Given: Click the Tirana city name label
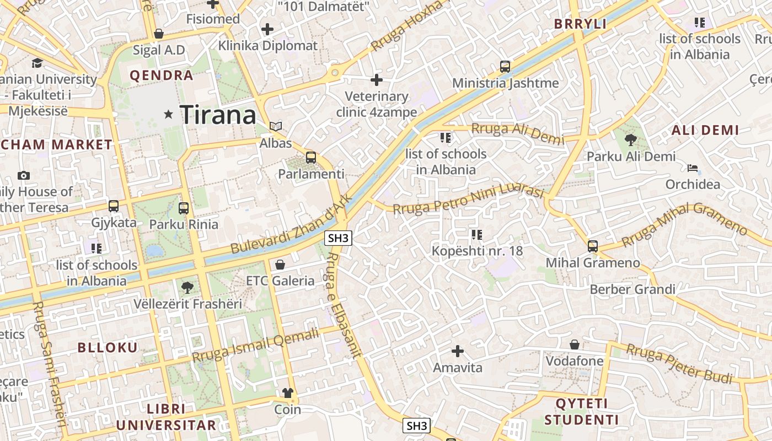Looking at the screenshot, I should click(x=218, y=115).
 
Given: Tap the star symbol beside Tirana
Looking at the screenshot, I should click(x=169, y=115).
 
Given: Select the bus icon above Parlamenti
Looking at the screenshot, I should click(x=311, y=158).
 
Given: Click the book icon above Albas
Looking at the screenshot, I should click(x=276, y=126).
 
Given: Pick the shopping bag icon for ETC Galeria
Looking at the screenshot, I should click(x=280, y=265).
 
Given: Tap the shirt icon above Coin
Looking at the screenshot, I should click(x=288, y=393).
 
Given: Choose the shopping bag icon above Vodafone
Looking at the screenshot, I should click(x=575, y=345).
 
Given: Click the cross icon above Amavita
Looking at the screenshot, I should click(x=457, y=351).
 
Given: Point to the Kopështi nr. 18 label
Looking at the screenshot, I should click(x=477, y=251).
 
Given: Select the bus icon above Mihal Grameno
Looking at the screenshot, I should click(x=593, y=246).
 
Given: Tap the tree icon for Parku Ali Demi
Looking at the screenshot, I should click(x=631, y=139).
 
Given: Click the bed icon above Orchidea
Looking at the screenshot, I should click(x=693, y=168).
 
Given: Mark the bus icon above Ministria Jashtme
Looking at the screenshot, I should click(x=505, y=67).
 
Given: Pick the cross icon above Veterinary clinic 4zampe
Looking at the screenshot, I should click(x=377, y=80).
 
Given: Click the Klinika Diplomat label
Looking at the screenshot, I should click(x=268, y=46).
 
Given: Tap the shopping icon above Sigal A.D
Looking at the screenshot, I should click(x=159, y=34).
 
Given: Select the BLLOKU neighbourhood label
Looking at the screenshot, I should click(x=107, y=347).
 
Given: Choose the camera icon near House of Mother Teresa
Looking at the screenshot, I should click(x=23, y=175).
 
